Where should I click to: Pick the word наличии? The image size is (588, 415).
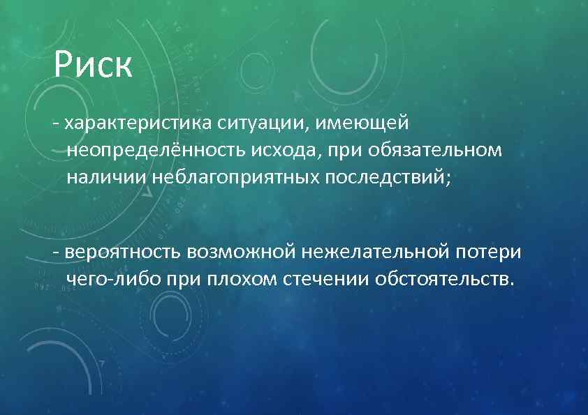pos(105,177)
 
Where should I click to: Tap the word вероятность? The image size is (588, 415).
pos(122,252)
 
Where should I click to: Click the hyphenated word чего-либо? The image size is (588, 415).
pos(112,279)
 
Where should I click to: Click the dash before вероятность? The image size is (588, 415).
pos(55,253)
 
